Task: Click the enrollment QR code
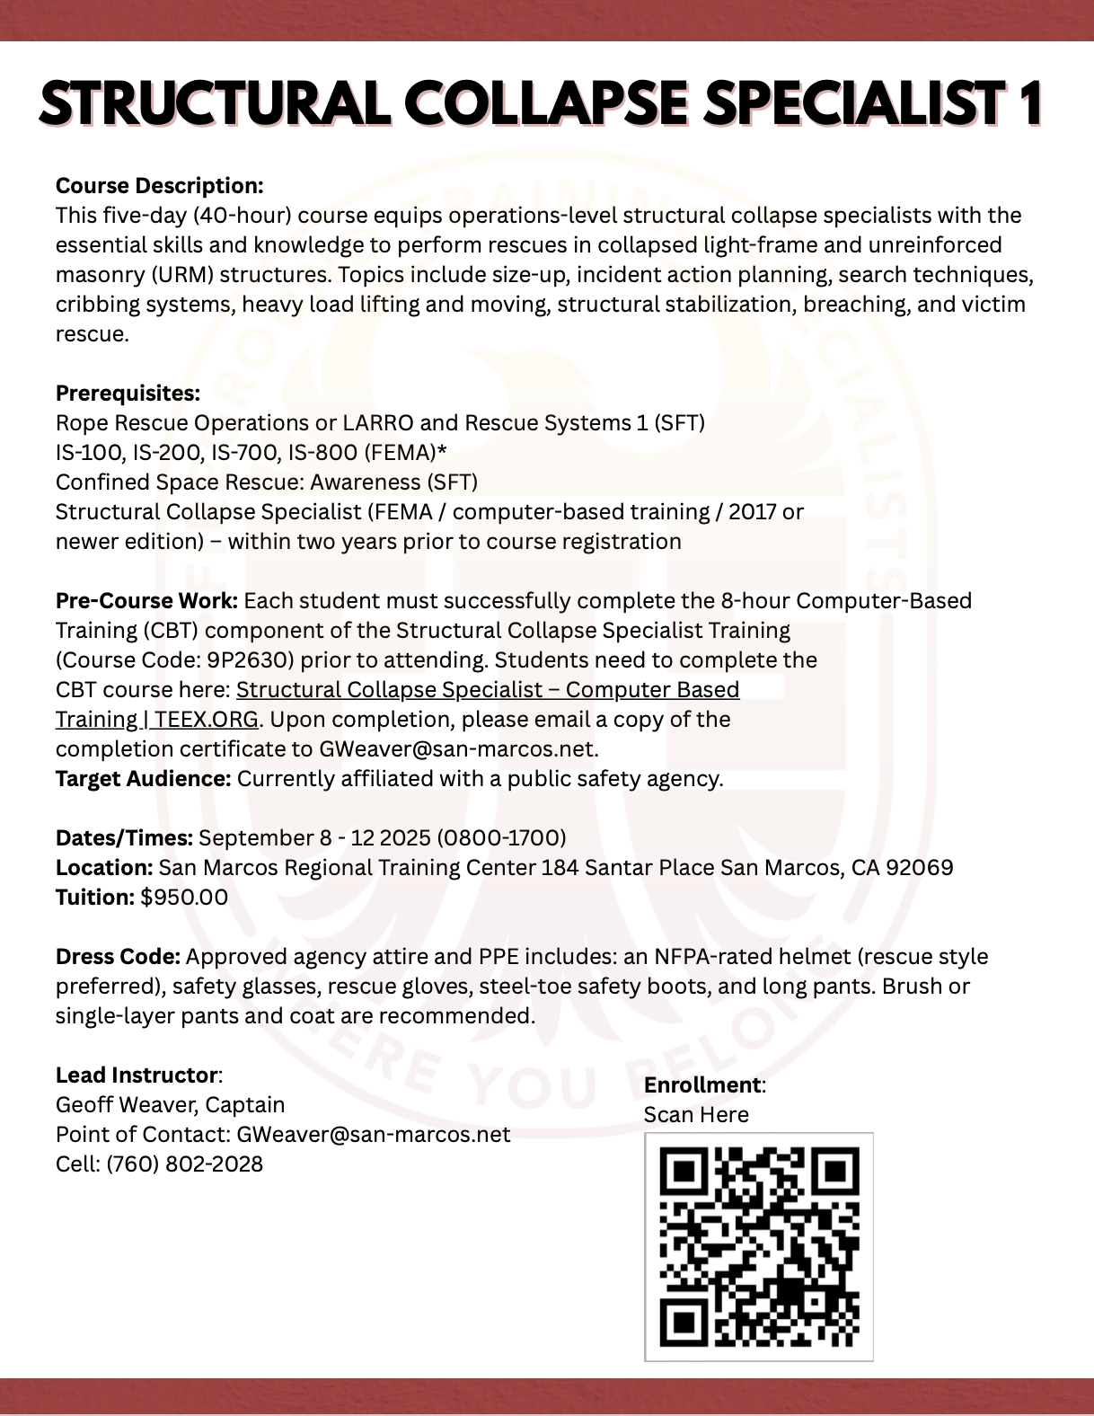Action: click(x=759, y=1246)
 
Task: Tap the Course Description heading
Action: click(x=159, y=186)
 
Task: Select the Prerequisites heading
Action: click(x=128, y=394)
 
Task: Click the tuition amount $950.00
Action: click(x=184, y=898)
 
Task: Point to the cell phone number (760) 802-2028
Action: click(x=184, y=1164)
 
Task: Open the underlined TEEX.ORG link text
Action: click(x=206, y=720)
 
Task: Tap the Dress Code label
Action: click(x=118, y=957)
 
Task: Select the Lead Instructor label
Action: click(x=137, y=1075)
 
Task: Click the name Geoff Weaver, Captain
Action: click(x=170, y=1105)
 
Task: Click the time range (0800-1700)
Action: click(x=501, y=838)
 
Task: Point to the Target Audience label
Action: click(x=143, y=779)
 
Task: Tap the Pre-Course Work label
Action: click(x=146, y=601)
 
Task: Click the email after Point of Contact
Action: click(x=373, y=1135)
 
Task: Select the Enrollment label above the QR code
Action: click(x=702, y=1085)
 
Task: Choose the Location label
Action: click(x=103, y=868)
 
